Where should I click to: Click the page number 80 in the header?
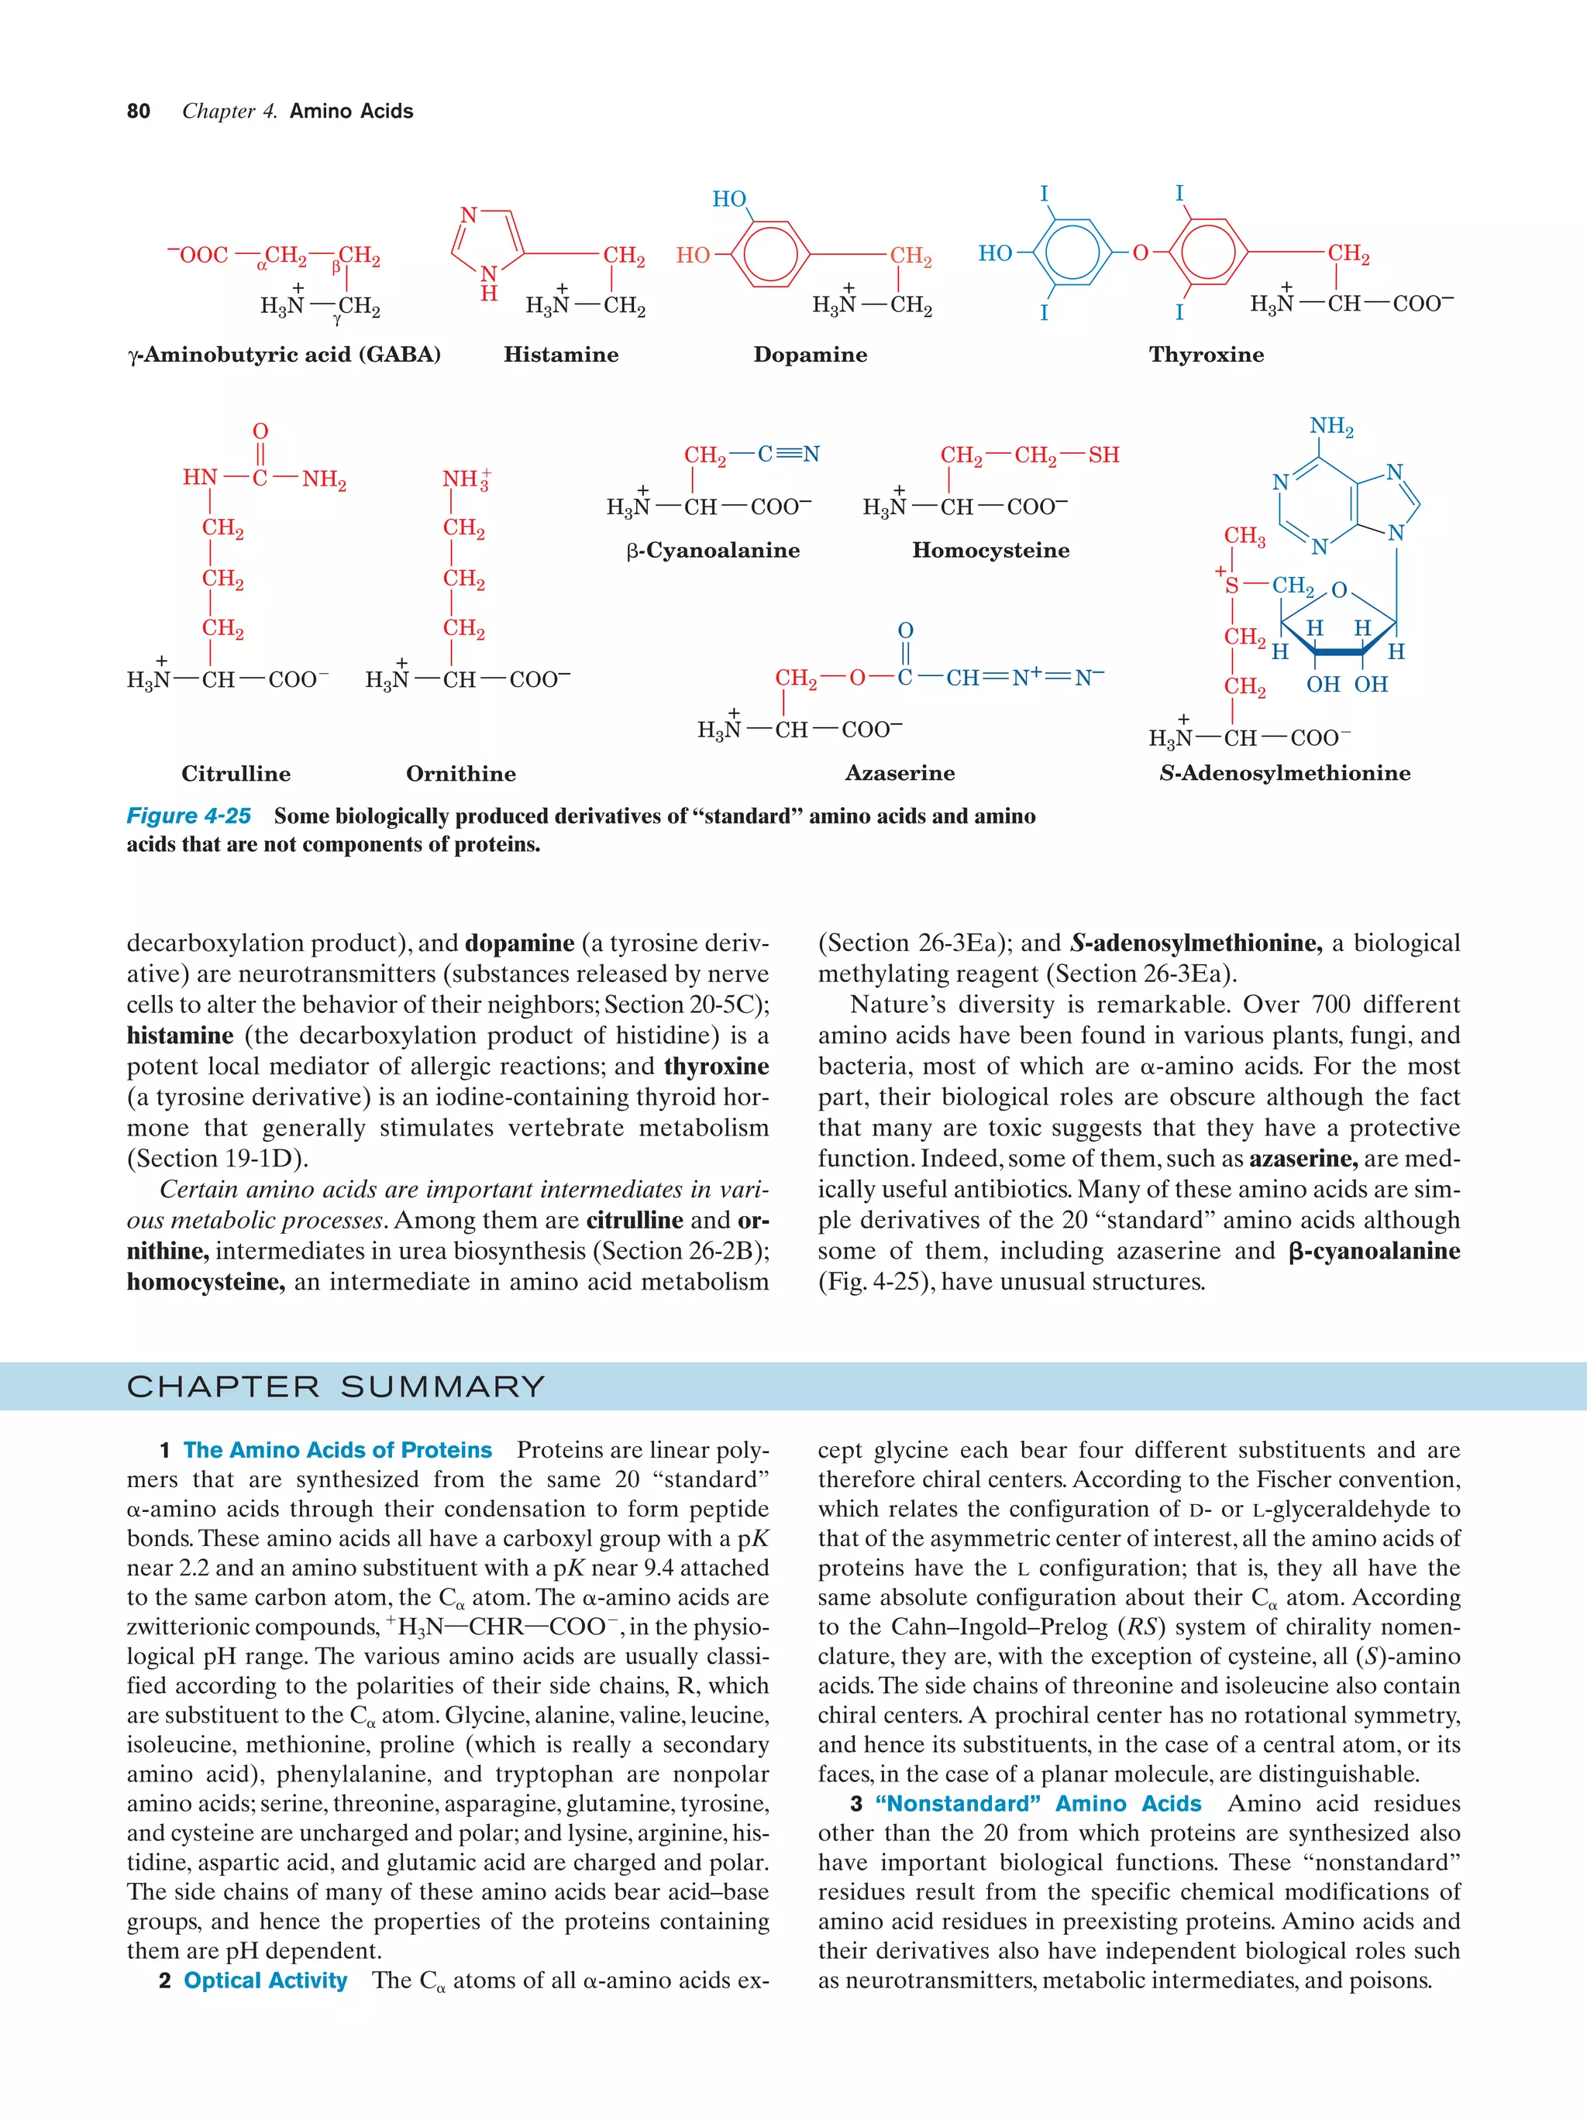pyautogui.click(x=138, y=112)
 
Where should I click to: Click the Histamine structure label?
pyautogui.click(x=561, y=355)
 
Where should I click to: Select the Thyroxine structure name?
pyautogui.click(x=1206, y=355)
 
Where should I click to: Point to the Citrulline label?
pyautogui.click(x=236, y=774)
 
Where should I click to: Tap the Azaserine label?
pyautogui.click(x=900, y=774)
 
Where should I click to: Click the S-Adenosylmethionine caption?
pyautogui.click(x=1285, y=774)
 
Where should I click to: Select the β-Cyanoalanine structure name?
pyautogui.click(x=712, y=551)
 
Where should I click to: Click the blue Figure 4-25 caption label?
pyautogui.click(x=188, y=816)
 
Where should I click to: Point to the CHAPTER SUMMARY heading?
pyautogui.click(x=336, y=1387)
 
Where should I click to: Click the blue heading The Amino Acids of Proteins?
pyautogui.click(x=337, y=1450)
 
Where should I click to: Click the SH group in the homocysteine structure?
pyautogui.click(x=1103, y=455)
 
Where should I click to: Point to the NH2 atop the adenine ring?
pyautogui.click(x=1331, y=426)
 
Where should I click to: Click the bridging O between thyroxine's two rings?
pyautogui.click(x=1140, y=253)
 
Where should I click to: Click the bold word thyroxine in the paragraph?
pyautogui.click(x=715, y=1067)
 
